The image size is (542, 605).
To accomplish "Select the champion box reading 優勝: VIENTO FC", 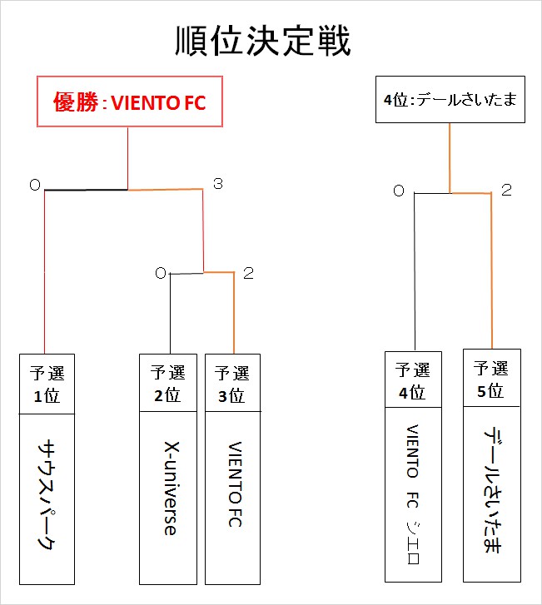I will (x=129, y=103).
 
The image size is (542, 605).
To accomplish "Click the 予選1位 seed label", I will (x=49, y=384).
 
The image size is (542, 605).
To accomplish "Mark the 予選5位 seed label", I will (x=491, y=378).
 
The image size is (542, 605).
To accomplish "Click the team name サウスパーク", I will (x=49, y=497).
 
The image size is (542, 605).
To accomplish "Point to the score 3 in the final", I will (x=217, y=184).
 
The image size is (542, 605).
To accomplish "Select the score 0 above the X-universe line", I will (x=159, y=272).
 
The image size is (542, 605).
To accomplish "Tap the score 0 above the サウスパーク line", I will (x=34, y=186).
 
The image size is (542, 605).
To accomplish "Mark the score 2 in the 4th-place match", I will (x=505, y=191).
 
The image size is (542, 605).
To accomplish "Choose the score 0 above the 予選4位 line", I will (x=399, y=191).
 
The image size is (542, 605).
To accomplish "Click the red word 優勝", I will (x=73, y=103).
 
